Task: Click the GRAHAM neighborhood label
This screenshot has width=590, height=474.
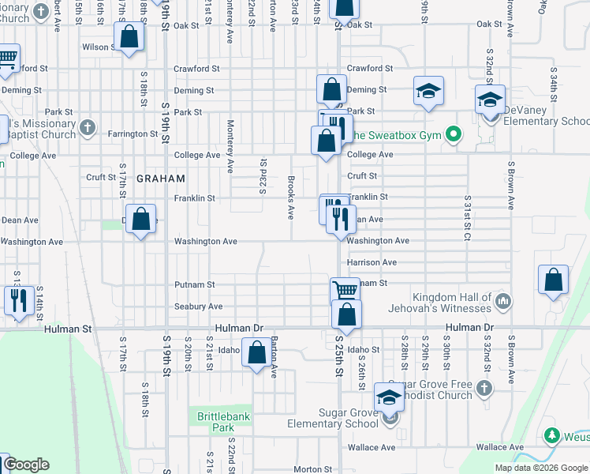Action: point(160,179)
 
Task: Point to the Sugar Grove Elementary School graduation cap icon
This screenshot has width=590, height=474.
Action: point(389,397)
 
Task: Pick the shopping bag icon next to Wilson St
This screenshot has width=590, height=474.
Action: point(129,36)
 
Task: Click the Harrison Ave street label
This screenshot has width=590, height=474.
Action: point(371,262)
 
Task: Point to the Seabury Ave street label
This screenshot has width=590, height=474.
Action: point(199,307)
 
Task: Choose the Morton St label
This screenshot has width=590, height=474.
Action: point(308,469)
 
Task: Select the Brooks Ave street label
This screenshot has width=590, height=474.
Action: point(291,197)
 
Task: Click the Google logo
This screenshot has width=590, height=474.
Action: point(27,465)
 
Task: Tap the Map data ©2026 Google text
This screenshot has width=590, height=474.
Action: point(540,468)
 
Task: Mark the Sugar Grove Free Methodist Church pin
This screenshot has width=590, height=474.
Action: point(484,388)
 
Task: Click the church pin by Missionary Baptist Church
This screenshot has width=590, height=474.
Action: point(87,126)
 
